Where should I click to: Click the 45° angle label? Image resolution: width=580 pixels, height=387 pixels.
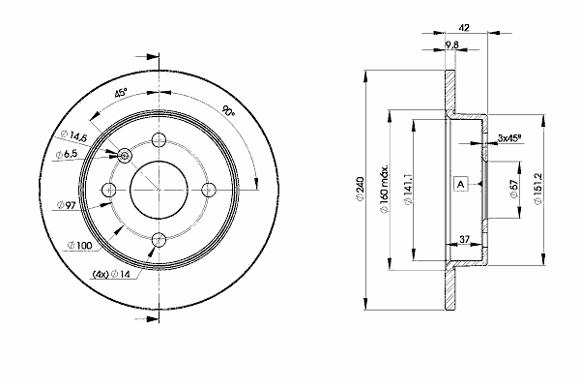click(x=121, y=94)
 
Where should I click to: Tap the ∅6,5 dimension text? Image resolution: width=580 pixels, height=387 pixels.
click(x=68, y=155)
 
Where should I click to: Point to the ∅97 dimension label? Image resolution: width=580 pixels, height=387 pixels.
click(x=68, y=206)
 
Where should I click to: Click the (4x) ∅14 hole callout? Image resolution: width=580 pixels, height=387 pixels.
click(x=111, y=275)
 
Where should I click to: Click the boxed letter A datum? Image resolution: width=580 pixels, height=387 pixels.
click(x=460, y=183)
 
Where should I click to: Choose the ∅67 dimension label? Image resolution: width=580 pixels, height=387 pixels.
click(x=513, y=189)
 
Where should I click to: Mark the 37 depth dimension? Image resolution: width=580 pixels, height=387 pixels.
click(x=464, y=238)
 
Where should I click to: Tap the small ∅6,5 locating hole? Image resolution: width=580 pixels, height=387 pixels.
click(x=127, y=154)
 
